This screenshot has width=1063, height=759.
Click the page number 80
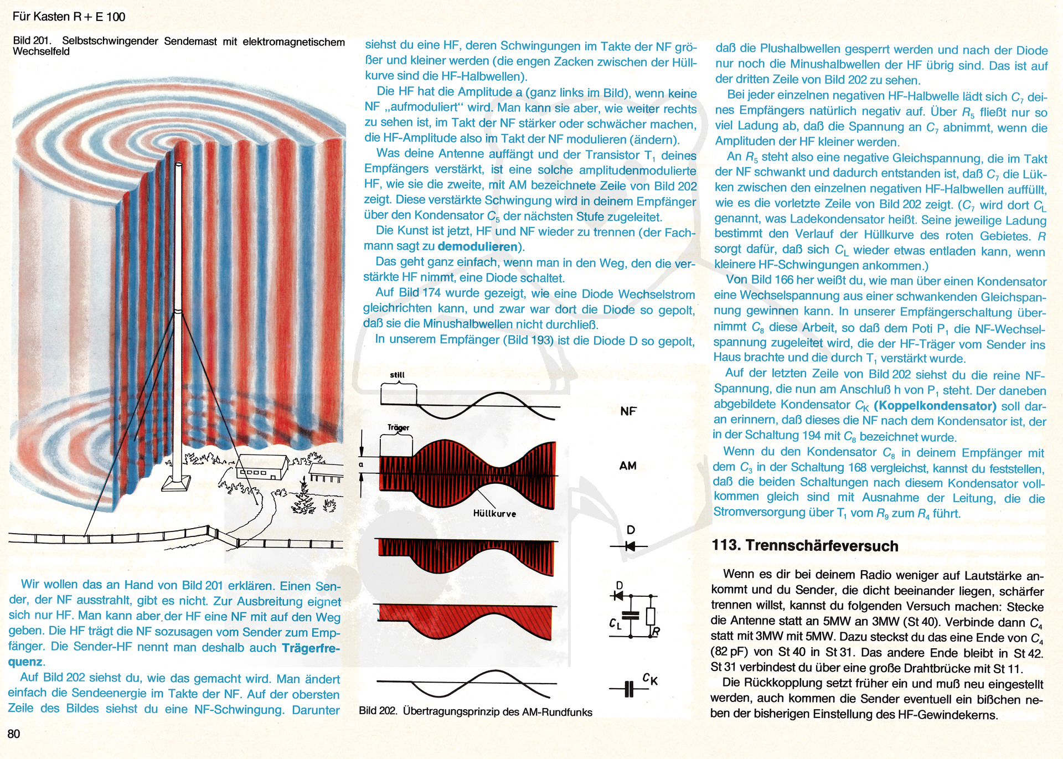(14, 734)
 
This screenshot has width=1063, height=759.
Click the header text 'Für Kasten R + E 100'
(69, 17)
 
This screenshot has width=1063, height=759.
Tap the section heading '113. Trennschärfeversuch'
(804, 546)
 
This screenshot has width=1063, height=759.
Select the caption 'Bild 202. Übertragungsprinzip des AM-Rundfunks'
(475, 712)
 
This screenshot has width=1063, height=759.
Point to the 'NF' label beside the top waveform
(628, 411)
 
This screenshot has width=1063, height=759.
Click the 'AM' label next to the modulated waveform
(628, 466)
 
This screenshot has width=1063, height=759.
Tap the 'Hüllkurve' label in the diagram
(494, 514)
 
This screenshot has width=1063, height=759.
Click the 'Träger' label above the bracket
(398, 428)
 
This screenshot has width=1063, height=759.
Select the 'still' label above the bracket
(397, 375)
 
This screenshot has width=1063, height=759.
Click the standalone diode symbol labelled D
(629, 546)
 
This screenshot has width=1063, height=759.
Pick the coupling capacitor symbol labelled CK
(629, 689)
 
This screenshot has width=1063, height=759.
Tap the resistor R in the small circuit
(651, 616)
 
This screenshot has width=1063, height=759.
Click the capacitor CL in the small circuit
(630, 616)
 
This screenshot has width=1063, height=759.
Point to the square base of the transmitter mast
(177, 484)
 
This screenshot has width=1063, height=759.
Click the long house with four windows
(261, 469)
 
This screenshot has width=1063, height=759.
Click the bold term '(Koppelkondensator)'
(935, 406)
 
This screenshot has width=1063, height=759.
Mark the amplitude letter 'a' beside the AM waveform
(361, 464)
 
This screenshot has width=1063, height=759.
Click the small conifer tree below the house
(303, 498)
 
